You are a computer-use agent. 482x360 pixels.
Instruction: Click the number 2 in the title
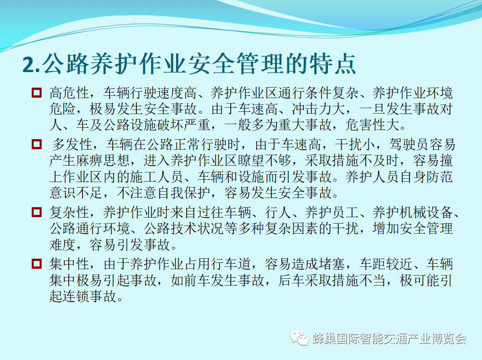tap(29, 65)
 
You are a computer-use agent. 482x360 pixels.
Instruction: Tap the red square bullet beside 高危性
tap(36, 93)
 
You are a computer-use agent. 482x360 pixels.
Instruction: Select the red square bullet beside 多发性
tap(36, 144)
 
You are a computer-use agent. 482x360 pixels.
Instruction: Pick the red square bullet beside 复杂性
tap(36, 212)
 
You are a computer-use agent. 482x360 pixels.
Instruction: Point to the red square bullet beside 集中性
tap(36, 264)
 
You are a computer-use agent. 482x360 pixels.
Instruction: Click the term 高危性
tap(69, 93)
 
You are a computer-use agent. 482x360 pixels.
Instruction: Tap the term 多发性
tap(72, 144)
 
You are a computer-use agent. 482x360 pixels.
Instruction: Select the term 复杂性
tap(69, 212)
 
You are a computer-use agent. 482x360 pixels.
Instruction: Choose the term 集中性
tap(69, 264)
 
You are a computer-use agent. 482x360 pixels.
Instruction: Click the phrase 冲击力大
tap(318, 109)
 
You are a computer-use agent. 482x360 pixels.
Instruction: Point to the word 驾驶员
tap(409, 144)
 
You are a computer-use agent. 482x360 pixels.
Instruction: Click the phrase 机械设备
tap(426, 212)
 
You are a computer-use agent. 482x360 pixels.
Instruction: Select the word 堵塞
tap(332, 264)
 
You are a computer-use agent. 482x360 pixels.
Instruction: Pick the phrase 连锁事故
tap(89, 296)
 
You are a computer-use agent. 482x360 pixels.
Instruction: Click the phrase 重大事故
tap(305, 125)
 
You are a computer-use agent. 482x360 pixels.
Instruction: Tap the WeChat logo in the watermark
tap(300, 338)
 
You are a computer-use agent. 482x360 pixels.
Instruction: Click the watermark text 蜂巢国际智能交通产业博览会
tap(389, 339)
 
